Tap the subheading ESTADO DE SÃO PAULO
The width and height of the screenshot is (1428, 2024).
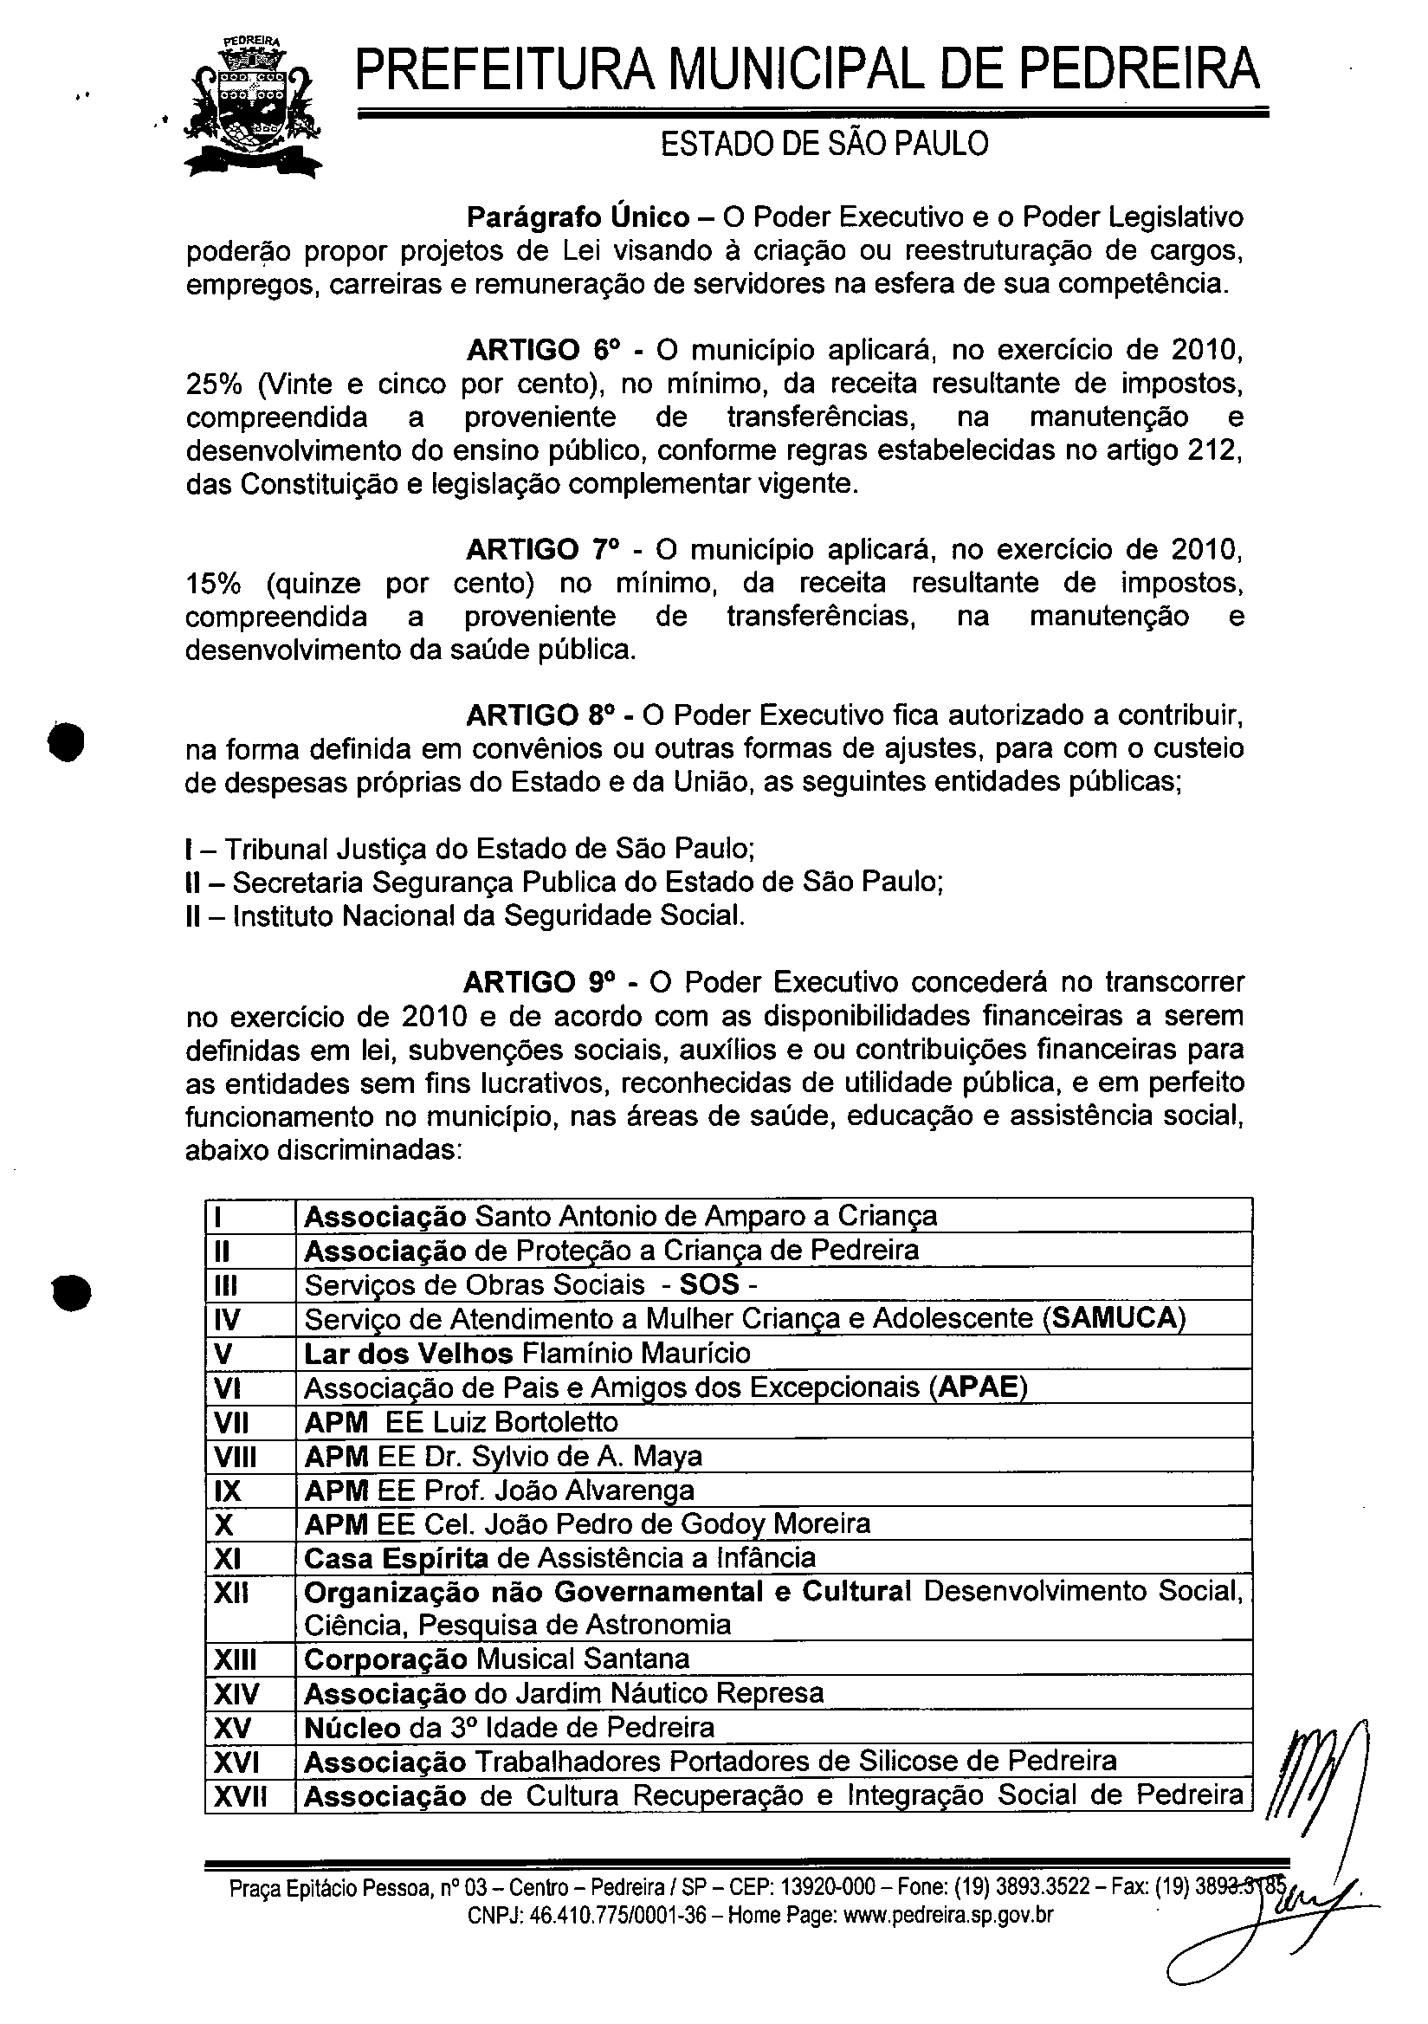824,144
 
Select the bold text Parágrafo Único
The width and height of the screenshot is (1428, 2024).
578,217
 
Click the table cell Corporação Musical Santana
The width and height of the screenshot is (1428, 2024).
496,1659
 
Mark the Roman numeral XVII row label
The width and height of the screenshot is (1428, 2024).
240,1795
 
